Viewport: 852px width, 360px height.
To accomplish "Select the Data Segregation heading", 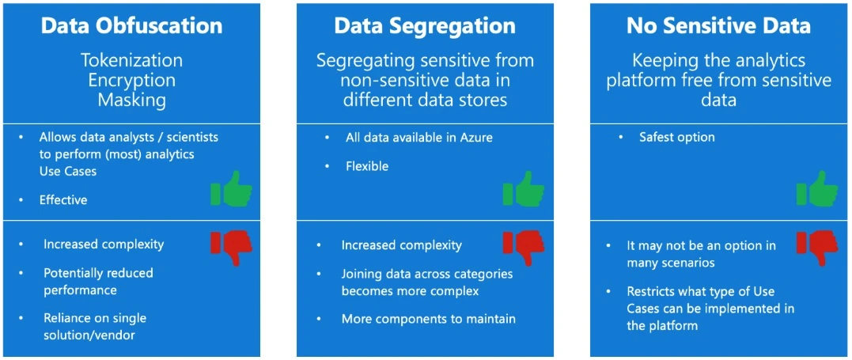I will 425,25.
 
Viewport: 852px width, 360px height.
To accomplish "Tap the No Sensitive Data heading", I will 718,25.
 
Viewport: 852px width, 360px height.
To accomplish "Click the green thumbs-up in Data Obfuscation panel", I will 231,190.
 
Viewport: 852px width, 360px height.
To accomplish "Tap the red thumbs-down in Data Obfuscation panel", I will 231,248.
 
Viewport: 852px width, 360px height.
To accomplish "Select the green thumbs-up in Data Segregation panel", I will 524,190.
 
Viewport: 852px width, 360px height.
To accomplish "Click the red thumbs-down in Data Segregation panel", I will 524,248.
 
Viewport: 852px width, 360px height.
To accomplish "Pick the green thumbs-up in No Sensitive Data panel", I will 816,190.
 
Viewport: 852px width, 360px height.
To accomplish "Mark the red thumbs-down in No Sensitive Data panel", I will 816,248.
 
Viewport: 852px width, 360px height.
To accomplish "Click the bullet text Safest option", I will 676,138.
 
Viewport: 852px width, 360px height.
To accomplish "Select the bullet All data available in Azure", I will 418,138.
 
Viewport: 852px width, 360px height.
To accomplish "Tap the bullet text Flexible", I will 367,167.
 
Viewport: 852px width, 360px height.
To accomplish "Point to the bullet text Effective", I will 63,200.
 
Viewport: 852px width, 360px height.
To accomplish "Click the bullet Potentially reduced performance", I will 98,281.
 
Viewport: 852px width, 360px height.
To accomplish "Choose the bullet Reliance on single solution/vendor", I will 95,326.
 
